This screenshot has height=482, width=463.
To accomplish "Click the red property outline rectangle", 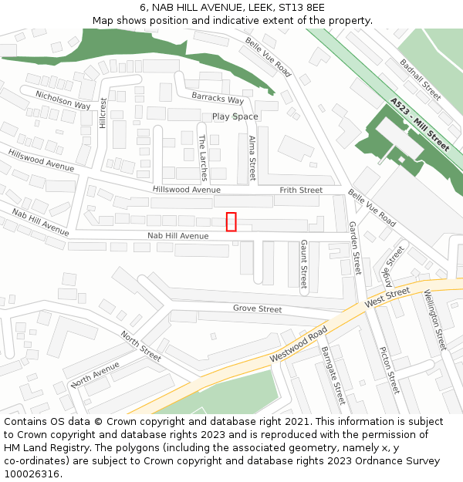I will click(x=231, y=221).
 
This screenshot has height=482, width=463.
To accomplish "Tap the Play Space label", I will click(x=235, y=116).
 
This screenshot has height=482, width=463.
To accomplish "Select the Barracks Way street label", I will click(x=218, y=98).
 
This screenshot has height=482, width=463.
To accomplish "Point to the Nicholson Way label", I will click(x=63, y=100).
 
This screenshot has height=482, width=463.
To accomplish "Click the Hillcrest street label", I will click(x=103, y=113).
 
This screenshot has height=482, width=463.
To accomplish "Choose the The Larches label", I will click(x=203, y=157).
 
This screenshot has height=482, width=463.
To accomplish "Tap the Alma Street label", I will click(x=252, y=158).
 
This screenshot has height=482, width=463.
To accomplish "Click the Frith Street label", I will click(x=301, y=190).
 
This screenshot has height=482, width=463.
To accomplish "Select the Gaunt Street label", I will click(x=304, y=263).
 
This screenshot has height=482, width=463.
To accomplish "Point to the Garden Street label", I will click(x=355, y=248).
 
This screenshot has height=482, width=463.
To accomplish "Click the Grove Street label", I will click(x=258, y=308).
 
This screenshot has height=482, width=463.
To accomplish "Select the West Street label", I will click(x=387, y=297).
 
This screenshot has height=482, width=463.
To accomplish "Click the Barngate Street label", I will click(x=333, y=375).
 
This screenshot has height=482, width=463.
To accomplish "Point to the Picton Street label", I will click(x=389, y=369).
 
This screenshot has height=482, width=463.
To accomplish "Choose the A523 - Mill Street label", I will click(x=420, y=123).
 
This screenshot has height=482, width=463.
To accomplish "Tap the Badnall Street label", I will click(x=421, y=80).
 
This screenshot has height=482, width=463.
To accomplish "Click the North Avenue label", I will click(x=95, y=373).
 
